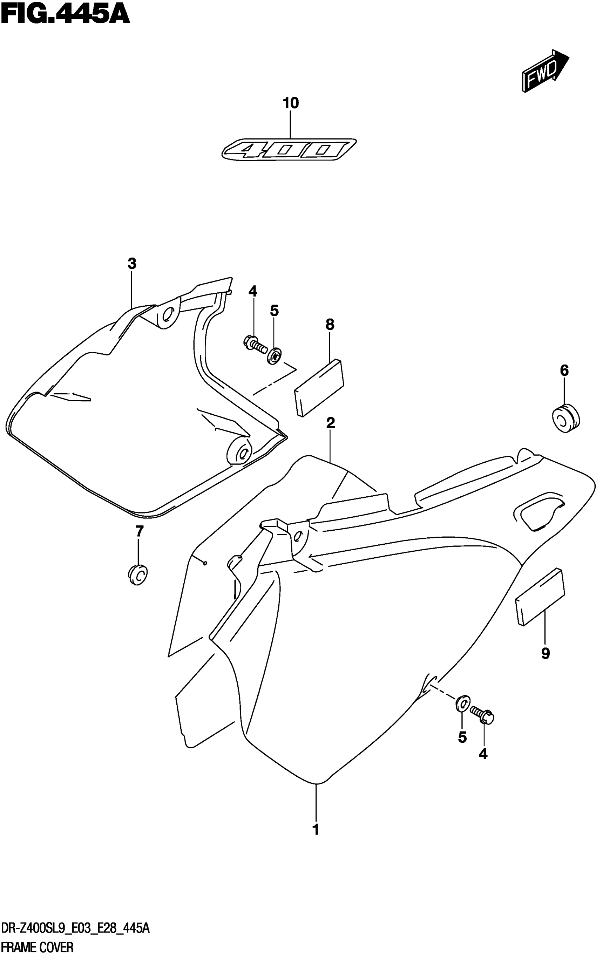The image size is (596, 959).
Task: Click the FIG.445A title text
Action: tap(65, 15)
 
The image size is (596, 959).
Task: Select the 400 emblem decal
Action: tap(289, 150)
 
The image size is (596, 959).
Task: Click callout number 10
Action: tap(291, 103)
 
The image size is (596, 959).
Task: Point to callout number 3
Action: tap(132, 264)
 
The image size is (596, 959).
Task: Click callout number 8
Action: tap(330, 325)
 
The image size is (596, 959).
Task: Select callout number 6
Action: tap(564, 370)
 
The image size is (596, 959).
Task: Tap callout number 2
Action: tap(330, 423)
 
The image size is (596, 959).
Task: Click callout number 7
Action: tap(139, 531)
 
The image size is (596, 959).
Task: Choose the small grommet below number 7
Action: tap(137, 576)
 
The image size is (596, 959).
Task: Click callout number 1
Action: tap(315, 838)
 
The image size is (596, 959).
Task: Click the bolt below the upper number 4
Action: tap(254, 344)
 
